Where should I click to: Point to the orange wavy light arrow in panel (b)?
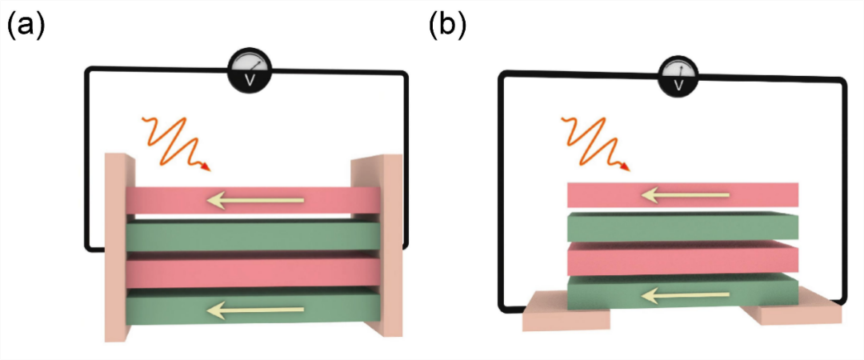[x=596, y=142]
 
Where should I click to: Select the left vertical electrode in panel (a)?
[x=116, y=248]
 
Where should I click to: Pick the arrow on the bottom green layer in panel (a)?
[x=255, y=310]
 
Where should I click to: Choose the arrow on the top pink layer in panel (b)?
[x=686, y=194]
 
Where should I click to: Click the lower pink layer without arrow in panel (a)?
[x=252, y=273]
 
